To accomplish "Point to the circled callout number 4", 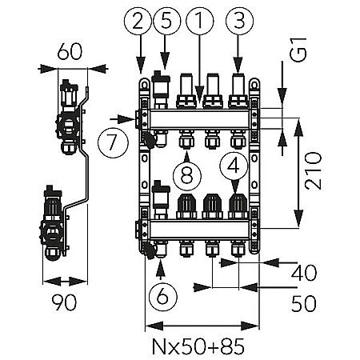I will click(x=234, y=166).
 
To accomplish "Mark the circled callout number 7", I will click(x=111, y=143).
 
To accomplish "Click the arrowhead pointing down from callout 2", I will click(x=142, y=70).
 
